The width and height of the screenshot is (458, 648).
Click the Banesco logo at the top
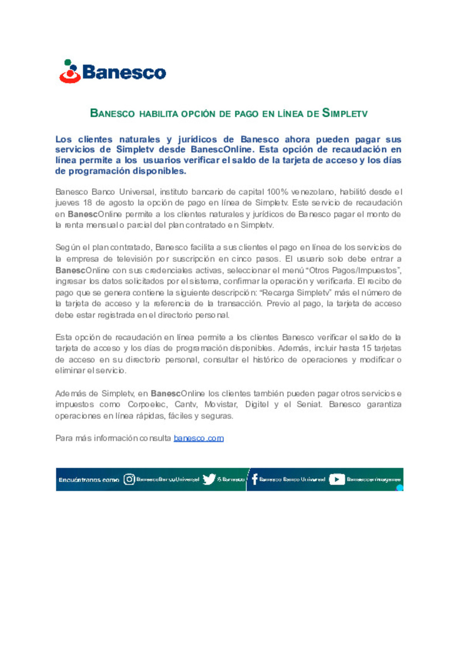click(x=112, y=71)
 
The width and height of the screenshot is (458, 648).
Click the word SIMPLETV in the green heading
click(x=345, y=113)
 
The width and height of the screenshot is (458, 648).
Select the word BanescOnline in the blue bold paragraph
click(x=221, y=149)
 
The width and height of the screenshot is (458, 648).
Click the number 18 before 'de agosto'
click(x=87, y=203)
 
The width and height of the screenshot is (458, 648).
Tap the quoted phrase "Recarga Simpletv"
click(x=295, y=293)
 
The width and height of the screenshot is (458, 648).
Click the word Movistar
click(x=221, y=405)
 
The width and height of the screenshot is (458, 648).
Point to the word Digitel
click(x=257, y=405)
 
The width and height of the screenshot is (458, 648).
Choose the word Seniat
click(x=309, y=405)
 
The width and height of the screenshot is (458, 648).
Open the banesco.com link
click(x=198, y=438)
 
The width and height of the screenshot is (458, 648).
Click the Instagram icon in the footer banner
click(x=129, y=479)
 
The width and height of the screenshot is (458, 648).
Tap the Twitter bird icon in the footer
click(x=209, y=479)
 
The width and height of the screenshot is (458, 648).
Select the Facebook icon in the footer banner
click(x=254, y=479)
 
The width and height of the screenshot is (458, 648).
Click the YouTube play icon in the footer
click(x=337, y=479)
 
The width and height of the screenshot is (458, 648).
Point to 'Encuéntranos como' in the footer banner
click(x=89, y=480)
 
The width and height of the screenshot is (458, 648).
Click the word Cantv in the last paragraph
click(x=186, y=405)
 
